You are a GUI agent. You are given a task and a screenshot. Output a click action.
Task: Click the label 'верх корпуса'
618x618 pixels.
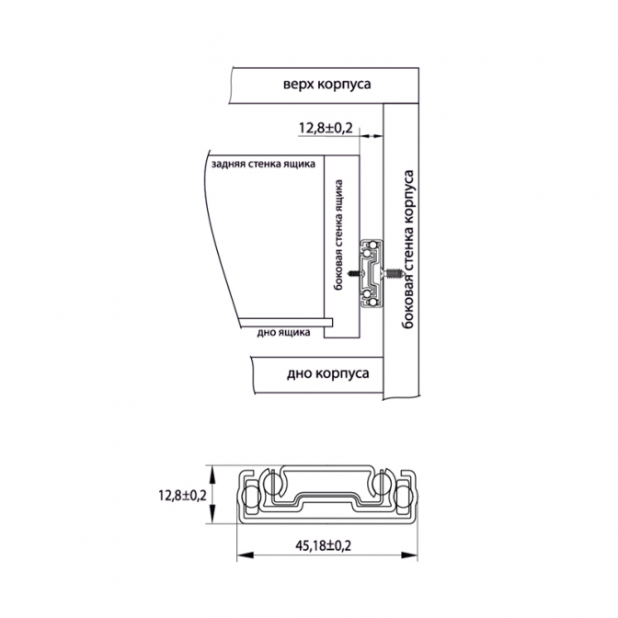coord(326,85)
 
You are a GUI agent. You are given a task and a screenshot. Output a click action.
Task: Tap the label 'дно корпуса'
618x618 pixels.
coord(328,373)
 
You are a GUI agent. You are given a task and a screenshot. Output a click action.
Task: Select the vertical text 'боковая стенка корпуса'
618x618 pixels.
coord(408,249)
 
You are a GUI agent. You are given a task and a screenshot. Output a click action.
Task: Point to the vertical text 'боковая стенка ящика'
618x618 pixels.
coord(338,235)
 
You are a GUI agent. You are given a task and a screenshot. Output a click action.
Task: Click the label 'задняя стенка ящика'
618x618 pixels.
coord(263,164)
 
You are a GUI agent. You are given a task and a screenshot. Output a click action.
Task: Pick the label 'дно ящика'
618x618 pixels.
coord(283,333)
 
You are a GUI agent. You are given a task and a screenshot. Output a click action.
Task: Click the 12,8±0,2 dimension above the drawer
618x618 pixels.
coord(326,128)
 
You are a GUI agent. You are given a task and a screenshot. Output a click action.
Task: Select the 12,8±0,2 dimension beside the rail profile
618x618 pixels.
coord(182,495)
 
